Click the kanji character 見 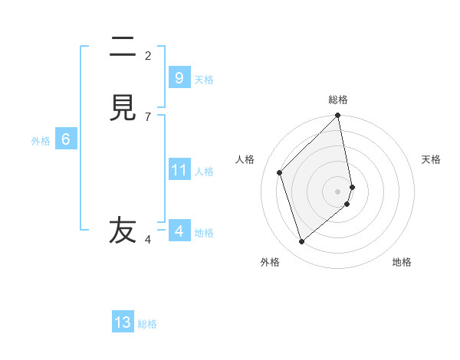click(123, 108)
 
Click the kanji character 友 click(123, 230)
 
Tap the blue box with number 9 click(179, 77)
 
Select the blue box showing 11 click(179, 169)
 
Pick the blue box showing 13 click(123, 322)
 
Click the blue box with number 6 click(66, 139)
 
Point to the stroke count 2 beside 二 click(148, 56)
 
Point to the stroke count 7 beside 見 click(148, 117)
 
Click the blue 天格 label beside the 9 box click(204, 80)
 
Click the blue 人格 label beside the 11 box click(204, 172)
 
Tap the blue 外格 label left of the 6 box click(41, 141)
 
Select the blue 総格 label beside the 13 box click(147, 325)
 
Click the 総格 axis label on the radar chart click(338, 100)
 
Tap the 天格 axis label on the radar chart click(432, 159)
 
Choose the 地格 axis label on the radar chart click(402, 263)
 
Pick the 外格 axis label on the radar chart click(270, 263)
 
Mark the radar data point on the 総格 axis click(338, 116)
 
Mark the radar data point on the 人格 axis click(280, 172)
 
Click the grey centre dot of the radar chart click(338, 191)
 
